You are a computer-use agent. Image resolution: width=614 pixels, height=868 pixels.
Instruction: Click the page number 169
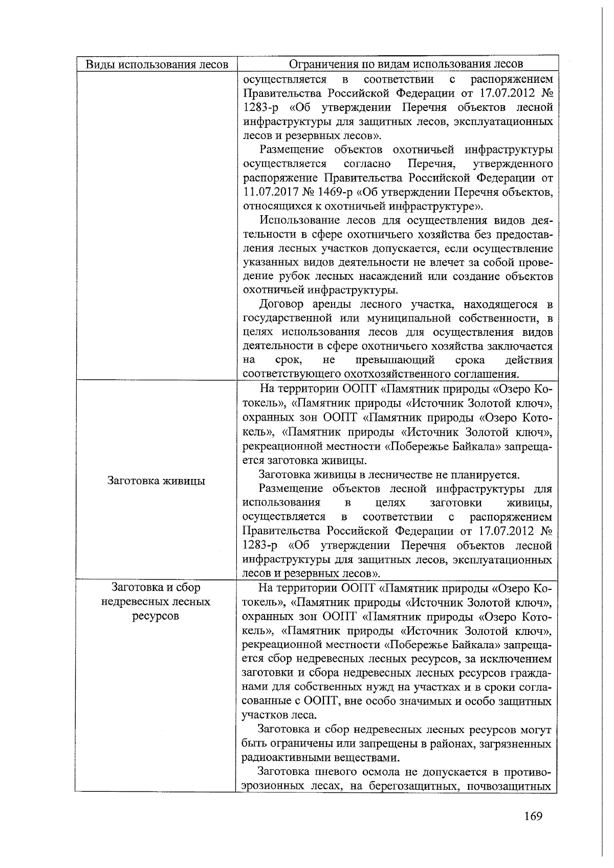click(x=533, y=815)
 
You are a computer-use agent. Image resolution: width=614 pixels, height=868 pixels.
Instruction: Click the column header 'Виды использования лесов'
click(x=157, y=64)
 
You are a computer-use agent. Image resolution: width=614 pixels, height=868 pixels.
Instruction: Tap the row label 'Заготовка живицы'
click(x=157, y=481)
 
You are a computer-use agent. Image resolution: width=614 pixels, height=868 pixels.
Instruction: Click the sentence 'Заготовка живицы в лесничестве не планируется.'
click(x=389, y=474)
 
